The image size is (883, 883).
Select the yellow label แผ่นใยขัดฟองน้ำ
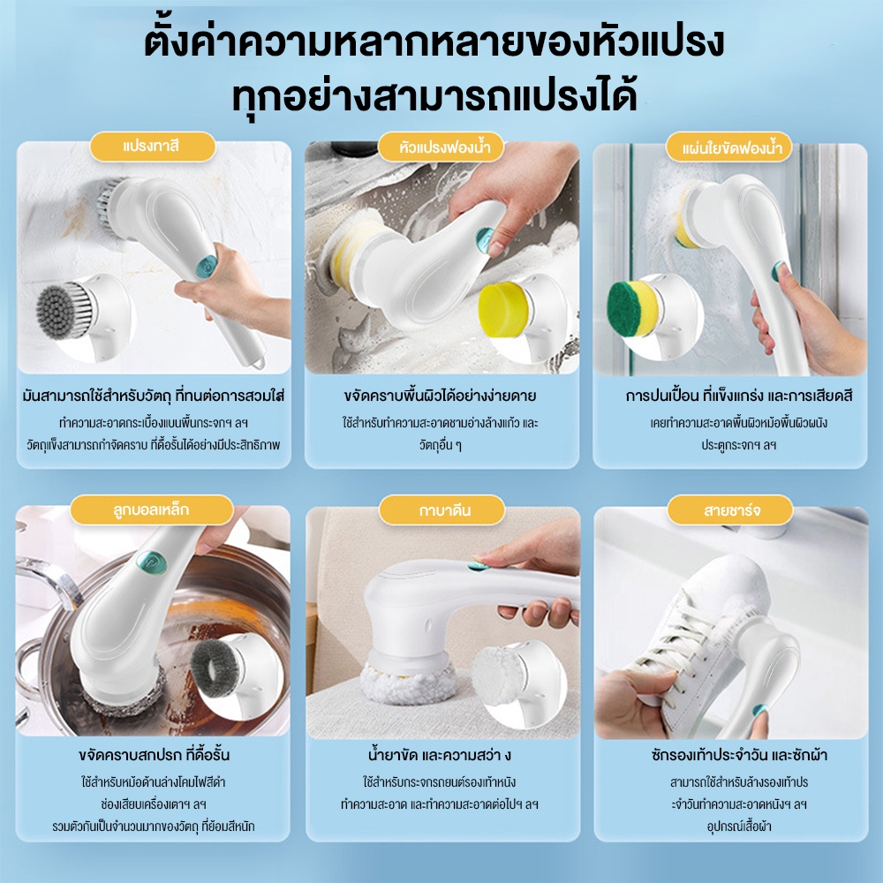[x=728, y=146]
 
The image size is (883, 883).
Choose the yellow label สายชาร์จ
[x=728, y=509]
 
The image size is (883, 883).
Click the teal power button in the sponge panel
[x=482, y=238]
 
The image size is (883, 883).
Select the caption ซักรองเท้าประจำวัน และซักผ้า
[x=728, y=756]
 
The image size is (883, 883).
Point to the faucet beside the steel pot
[x=44, y=583]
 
